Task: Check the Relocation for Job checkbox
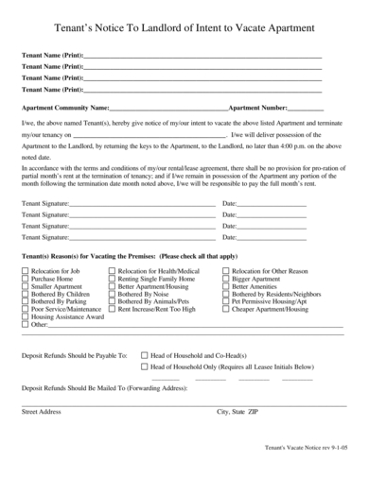pyautogui.click(x=26, y=271)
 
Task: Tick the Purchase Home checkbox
pyautogui.click(x=26, y=280)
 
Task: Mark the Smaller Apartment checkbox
pyautogui.click(x=26, y=287)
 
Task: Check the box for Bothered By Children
pyautogui.click(x=26, y=295)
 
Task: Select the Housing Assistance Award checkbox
pyautogui.click(x=26, y=316)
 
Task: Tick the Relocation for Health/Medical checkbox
pyautogui.click(x=113, y=271)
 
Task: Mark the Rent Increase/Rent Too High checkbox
pyautogui.click(x=113, y=309)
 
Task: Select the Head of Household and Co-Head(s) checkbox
pyautogui.click(x=144, y=353)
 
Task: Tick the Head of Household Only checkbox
pyautogui.click(x=144, y=366)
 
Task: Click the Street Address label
pyautogui.click(x=42, y=412)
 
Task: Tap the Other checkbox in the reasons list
pyautogui.click(x=26, y=324)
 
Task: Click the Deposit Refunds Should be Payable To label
pyautogui.click(x=74, y=353)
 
